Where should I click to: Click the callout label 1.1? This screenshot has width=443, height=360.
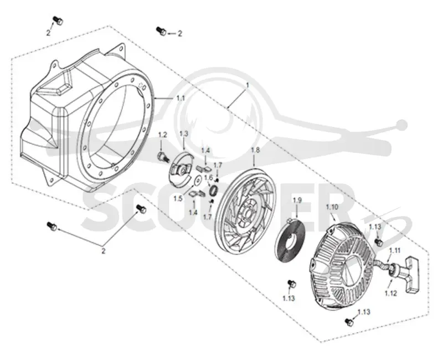click(181, 99)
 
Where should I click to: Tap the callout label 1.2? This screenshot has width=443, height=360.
click(162, 135)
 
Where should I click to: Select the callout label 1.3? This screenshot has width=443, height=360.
click(184, 133)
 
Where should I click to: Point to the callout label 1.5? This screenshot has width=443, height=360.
click(178, 199)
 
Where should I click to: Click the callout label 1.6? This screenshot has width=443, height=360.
click(208, 177)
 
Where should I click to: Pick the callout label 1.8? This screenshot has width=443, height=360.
click(255, 150)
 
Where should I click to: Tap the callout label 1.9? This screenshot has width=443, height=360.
click(297, 200)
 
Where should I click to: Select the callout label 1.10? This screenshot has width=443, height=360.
click(332, 207)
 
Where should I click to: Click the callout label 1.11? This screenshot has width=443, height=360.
click(395, 250)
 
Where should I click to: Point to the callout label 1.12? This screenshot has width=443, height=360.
click(391, 294)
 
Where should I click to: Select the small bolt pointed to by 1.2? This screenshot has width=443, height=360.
click(162, 157)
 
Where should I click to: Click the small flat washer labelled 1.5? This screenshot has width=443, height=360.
click(198, 179)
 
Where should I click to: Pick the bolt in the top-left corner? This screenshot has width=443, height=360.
click(58, 20)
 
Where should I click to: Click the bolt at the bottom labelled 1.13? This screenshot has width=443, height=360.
click(349, 322)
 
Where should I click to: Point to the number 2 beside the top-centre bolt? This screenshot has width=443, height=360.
click(179, 34)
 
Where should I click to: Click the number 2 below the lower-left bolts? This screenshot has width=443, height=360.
click(104, 251)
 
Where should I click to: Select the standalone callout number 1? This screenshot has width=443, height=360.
click(248, 85)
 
